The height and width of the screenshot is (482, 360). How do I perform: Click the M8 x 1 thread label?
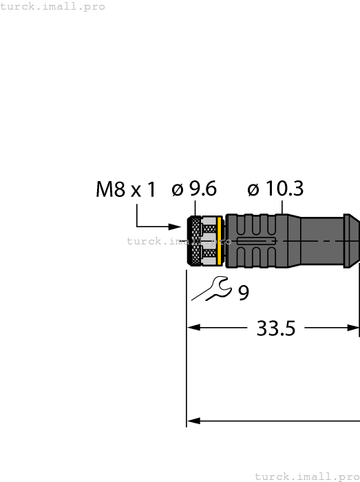[x=126, y=190]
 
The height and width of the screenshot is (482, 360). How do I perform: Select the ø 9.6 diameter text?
[x=194, y=189]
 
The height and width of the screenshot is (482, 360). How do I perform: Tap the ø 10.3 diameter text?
[x=275, y=189]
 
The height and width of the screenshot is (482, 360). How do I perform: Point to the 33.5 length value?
[x=275, y=328]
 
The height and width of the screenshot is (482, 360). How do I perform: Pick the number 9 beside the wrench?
[x=244, y=293]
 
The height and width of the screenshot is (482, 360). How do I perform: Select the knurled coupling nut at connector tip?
[x=195, y=241]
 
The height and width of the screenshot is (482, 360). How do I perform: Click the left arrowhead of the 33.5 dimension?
[x=193, y=328]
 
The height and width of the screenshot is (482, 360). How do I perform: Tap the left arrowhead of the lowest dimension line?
[x=193, y=420]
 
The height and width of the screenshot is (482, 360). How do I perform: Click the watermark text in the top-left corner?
[x=53, y=6]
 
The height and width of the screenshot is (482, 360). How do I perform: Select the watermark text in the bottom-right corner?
[x=306, y=476]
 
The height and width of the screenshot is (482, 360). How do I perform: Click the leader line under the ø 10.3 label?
[x=282, y=207]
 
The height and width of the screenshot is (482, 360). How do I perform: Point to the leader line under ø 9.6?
[x=195, y=208]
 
